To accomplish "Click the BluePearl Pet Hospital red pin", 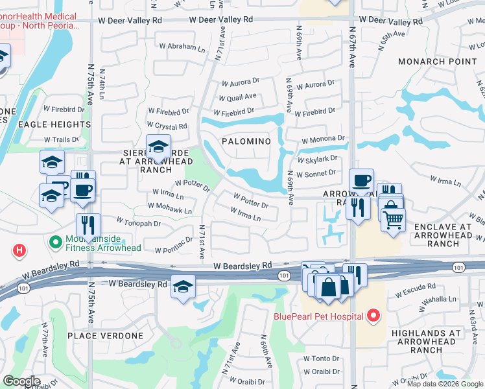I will click(x=373, y=316).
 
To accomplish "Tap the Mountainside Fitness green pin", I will click(x=56, y=244).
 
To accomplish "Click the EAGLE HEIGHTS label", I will click(x=54, y=124).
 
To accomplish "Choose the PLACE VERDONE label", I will click(x=105, y=336).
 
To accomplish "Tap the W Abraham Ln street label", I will click(x=182, y=46).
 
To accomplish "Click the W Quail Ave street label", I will click(x=237, y=97).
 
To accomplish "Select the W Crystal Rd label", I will click(x=167, y=126).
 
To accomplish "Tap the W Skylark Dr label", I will click(x=318, y=158).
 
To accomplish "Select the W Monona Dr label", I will click(x=322, y=139).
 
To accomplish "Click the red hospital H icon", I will click(x=20, y=250).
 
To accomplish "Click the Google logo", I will click(x=21, y=381).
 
